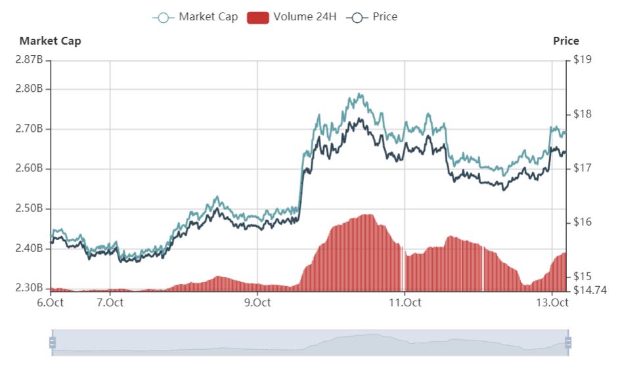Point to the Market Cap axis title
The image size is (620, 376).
[50, 41]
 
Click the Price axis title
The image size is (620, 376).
[565, 41]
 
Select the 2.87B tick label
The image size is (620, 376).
[29, 60]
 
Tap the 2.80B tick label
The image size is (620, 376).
[29, 89]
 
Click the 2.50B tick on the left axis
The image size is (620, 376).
[29, 209]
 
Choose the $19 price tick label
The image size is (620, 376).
[583, 60]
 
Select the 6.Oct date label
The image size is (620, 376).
[50, 303]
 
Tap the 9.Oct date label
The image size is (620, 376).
[257, 303]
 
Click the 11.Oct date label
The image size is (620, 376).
[405, 303]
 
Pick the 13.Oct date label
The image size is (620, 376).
[552, 303]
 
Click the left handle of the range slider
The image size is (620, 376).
[52, 343]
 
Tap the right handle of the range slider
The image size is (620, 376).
[568, 343]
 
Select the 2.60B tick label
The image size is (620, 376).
[29, 169]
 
